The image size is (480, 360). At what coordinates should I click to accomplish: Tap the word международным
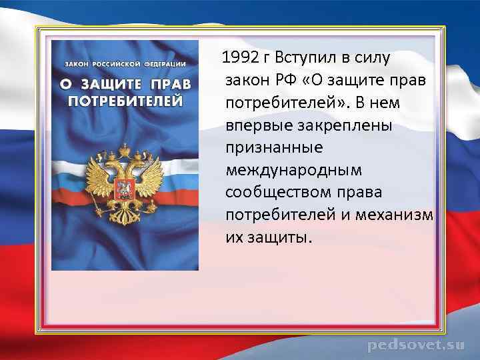[293, 171]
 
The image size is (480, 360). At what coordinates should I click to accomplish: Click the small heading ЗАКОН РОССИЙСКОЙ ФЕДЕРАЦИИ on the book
[125, 63]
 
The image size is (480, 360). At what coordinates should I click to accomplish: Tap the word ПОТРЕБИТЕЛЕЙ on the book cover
[125, 101]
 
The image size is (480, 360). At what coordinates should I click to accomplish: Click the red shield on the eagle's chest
[124, 186]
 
